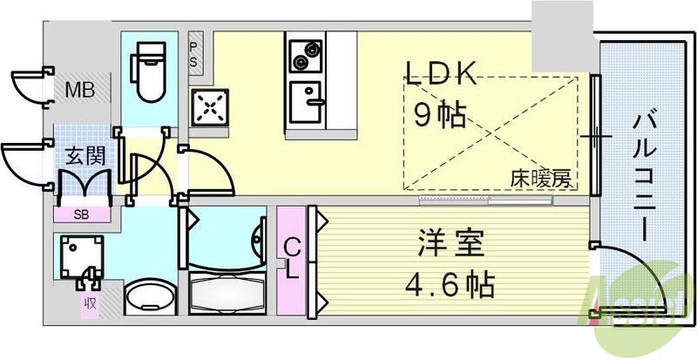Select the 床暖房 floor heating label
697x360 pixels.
tap(540, 180)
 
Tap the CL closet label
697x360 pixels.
tap(292, 258)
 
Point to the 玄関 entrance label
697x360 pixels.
tap(85, 157)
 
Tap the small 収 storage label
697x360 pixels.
tap(89, 304)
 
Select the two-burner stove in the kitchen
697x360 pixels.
tap(305, 57)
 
